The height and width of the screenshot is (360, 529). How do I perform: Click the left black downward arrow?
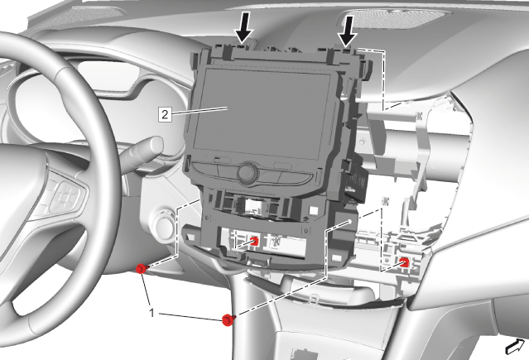tap(244, 27)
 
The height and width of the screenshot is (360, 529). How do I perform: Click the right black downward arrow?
tap(348, 31)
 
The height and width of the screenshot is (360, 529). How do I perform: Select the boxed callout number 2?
tap(165, 114)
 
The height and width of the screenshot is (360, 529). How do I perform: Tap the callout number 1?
tap(152, 313)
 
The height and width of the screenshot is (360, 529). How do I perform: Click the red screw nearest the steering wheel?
tap(142, 269)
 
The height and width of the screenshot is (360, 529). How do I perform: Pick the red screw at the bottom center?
tap(228, 319)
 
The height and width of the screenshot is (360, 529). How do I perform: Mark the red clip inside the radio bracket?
tap(254, 241)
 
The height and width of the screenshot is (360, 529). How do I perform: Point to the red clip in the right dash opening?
tap(405, 262)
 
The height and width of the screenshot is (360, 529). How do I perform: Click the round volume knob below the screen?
tap(248, 173)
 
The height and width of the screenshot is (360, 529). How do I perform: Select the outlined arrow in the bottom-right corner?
tap(515, 348)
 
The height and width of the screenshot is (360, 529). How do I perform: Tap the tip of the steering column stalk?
tap(156, 145)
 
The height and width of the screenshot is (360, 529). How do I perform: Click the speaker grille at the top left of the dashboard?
tap(79, 17)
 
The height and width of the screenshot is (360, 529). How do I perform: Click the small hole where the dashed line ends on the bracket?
tap(350, 222)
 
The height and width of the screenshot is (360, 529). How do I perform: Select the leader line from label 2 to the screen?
tap(199, 111)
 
